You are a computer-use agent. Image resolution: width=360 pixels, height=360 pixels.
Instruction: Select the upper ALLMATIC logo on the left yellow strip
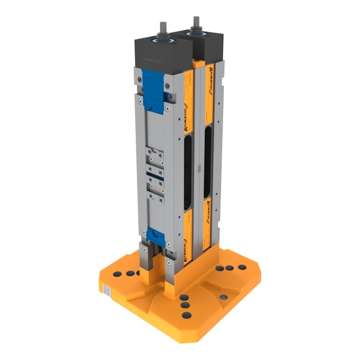pyautogui.click(x=186, y=113)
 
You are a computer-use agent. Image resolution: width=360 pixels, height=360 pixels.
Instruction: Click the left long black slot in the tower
pyautogui.click(x=188, y=172)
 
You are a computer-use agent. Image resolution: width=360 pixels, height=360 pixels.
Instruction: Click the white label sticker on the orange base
pyautogui.click(x=107, y=289)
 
